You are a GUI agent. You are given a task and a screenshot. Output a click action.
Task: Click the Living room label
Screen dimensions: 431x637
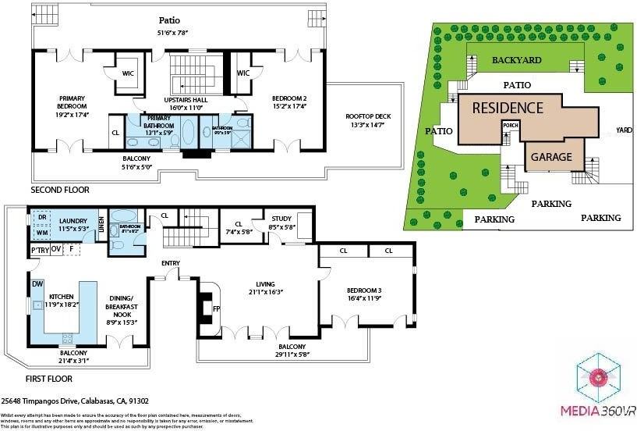coord(261,287)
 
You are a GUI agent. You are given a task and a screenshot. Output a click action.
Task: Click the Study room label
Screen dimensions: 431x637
coord(280,221)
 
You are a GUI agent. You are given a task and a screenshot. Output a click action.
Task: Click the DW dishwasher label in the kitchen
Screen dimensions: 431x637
coord(37,284)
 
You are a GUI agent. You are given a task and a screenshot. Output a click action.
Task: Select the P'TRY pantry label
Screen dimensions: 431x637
coord(40,250)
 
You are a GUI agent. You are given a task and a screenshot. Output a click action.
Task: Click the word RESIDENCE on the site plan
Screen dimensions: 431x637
coord(507,108)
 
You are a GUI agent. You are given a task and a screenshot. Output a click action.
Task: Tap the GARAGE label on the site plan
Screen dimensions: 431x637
coord(551,157)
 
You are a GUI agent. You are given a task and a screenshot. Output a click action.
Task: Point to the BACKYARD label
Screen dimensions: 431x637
coord(516,60)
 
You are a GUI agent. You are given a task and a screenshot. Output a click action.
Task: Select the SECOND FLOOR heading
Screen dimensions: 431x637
coord(60,190)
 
